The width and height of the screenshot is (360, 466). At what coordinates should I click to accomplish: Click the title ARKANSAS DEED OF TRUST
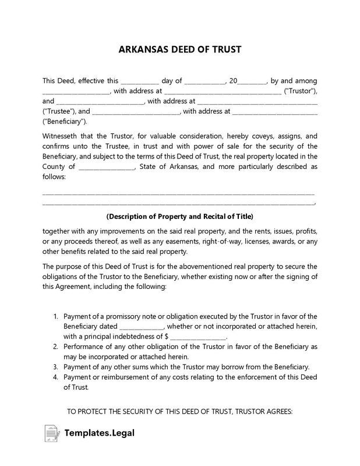(x=179, y=50)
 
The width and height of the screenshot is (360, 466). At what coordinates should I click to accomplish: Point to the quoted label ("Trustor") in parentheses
(x=299, y=91)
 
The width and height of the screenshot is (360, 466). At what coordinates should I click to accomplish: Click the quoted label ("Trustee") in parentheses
(x=58, y=111)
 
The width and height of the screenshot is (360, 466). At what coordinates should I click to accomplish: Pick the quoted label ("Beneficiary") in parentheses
(x=64, y=121)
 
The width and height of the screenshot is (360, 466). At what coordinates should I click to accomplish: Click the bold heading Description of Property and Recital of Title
(x=179, y=215)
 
